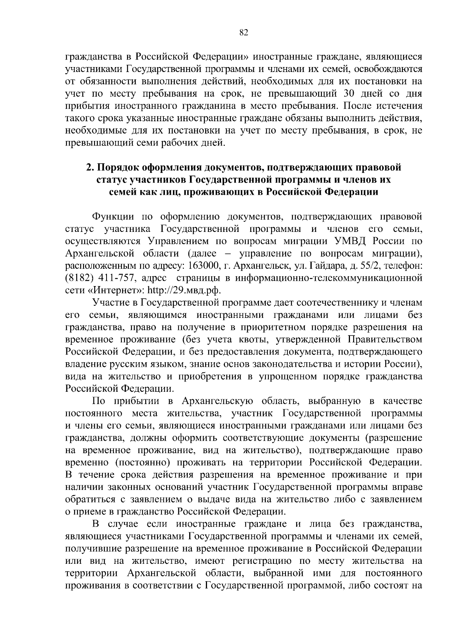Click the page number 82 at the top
pos(244,33)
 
